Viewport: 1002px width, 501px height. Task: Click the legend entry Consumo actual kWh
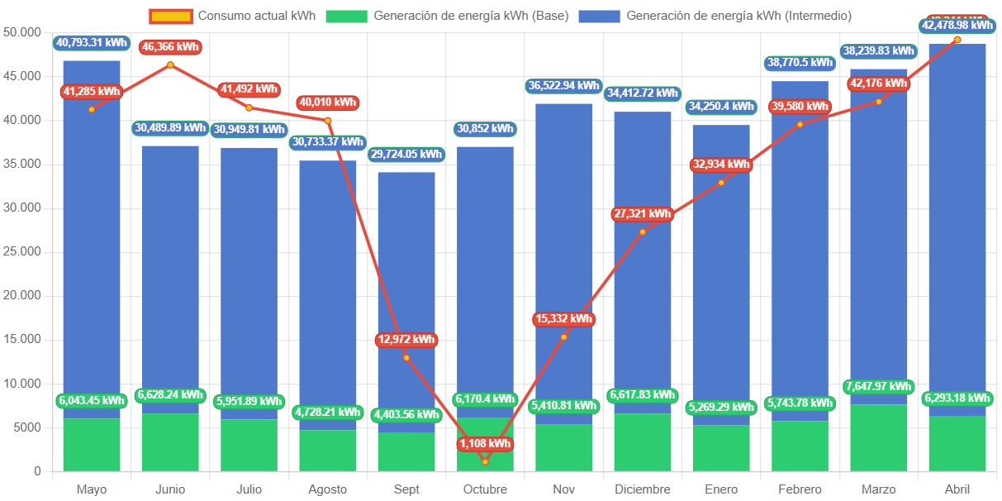[x=232, y=16]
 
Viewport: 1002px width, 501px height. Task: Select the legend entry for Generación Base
[x=447, y=16]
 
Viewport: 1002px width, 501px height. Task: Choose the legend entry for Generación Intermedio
[x=715, y=16]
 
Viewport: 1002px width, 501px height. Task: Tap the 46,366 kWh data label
[x=170, y=47]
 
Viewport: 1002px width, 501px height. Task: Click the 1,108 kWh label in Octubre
[x=485, y=444]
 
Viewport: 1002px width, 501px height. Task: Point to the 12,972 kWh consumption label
[x=406, y=340]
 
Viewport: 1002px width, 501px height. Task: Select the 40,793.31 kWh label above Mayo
[x=92, y=42]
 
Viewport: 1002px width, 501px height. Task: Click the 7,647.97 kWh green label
[x=878, y=386]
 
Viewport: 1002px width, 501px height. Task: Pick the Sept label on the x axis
[x=406, y=489]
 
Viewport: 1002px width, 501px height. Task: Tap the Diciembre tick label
[x=643, y=489]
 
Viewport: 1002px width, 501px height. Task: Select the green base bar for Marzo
[x=878, y=438]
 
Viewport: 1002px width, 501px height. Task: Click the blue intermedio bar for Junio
[x=170, y=273]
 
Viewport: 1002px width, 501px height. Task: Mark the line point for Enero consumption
[x=721, y=183]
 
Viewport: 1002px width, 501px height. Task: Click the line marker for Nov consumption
[x=564, y=336]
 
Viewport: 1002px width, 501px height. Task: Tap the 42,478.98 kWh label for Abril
[x=957, y=26]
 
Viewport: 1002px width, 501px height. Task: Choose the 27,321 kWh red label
[x=642, y=214]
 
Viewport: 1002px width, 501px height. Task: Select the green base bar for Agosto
[x=328, y=451]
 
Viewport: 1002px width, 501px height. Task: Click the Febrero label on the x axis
[x=800, y=489]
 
